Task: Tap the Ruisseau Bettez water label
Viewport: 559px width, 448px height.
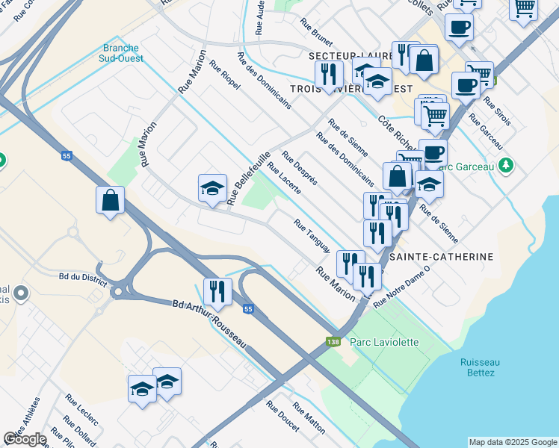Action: [x=477, y=366]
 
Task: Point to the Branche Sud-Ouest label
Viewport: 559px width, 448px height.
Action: [x=121, y=53]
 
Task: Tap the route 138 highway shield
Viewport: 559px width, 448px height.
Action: [x=333, y=342]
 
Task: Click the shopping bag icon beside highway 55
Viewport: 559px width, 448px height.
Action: [x=110, y=200]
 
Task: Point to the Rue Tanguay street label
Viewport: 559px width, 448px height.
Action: [x=312, y=235]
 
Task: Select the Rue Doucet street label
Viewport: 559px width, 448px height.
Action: [x=282, y=420]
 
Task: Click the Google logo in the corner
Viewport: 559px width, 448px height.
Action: [x=25, y=439]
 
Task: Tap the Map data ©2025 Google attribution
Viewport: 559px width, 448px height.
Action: [x=512, y=442]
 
